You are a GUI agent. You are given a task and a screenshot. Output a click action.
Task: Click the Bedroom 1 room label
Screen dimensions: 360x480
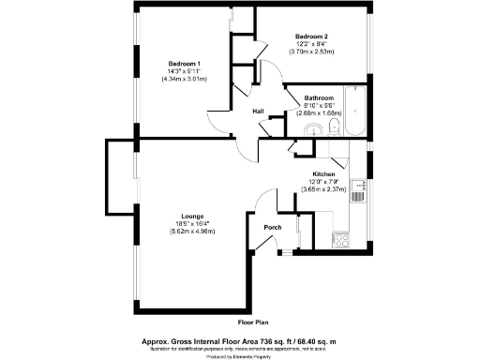tap(184, 63)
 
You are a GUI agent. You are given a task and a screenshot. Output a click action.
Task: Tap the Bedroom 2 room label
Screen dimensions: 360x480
tap(311, 37)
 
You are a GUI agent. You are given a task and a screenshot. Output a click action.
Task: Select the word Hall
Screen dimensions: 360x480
tap(258, 112)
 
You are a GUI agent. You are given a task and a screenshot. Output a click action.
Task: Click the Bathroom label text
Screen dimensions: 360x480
tap(319, 97)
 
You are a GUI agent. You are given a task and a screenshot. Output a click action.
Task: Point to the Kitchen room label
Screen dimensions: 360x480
tap(324, 174)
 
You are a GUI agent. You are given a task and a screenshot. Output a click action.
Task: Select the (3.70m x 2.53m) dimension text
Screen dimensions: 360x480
tap(311, 52)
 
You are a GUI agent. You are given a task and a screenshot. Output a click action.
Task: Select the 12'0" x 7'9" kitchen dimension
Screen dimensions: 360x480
tap(324, 182)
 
